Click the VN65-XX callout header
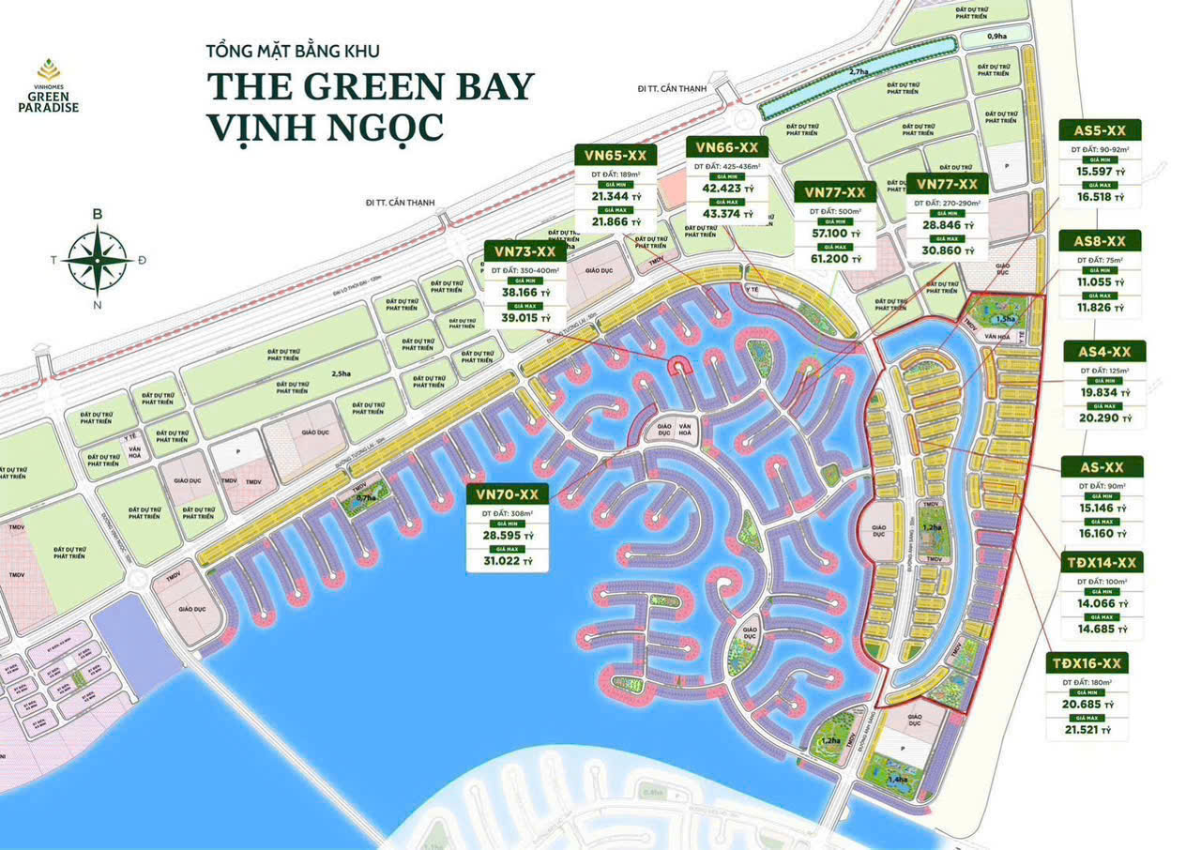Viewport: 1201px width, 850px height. coord(615,156)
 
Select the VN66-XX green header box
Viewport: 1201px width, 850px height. coord(727,147)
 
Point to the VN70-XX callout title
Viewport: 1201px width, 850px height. coord(507,493)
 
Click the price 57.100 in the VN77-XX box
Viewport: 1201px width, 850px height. coord(822,233)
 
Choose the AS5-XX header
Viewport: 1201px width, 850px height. coord(1100,130)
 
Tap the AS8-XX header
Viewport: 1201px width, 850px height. coord(1100,242)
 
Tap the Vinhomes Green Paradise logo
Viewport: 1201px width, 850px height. coord(49,85)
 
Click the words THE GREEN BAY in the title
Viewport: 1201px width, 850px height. coord(371,86)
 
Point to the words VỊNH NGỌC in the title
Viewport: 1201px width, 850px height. coord(326,127)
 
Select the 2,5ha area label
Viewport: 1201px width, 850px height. coord(340,374)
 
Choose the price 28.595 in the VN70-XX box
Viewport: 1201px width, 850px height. coord(502,534)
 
